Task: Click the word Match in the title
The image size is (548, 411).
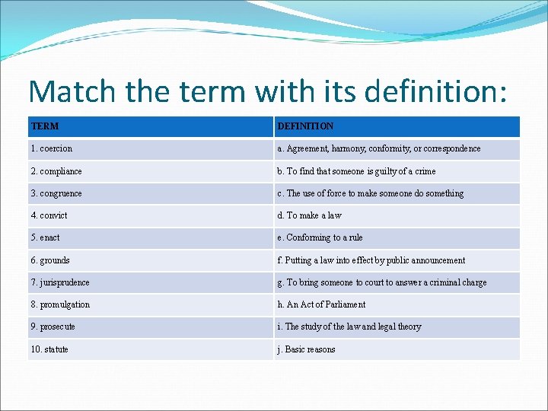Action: pos(72,91)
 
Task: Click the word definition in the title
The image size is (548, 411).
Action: pos(435,91)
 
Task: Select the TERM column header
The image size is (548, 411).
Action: pos(45,126)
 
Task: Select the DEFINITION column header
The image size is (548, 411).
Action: pos(305,126)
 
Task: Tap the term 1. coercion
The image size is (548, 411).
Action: pos(52,148)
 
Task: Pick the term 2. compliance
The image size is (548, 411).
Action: pos(56,171)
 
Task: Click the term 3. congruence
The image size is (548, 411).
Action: pos(56,193)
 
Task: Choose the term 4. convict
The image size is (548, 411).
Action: pos(49,215)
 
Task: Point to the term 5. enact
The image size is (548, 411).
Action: pos(46,237)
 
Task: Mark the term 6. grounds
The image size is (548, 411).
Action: pos(50,260)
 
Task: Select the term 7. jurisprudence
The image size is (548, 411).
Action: pos(60,282)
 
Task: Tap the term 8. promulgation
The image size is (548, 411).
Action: pos(60,304)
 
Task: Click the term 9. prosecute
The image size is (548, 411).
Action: pos(53,327)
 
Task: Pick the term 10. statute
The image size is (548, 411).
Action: pos(49,349)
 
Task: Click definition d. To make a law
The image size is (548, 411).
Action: pos(310,215)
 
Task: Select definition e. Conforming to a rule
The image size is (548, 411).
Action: pos(320,237)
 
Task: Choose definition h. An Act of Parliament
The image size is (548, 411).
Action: pos(321,304)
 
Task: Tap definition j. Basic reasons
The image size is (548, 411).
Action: pos(306,349)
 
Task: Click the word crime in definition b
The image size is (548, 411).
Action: pos(425,171)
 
